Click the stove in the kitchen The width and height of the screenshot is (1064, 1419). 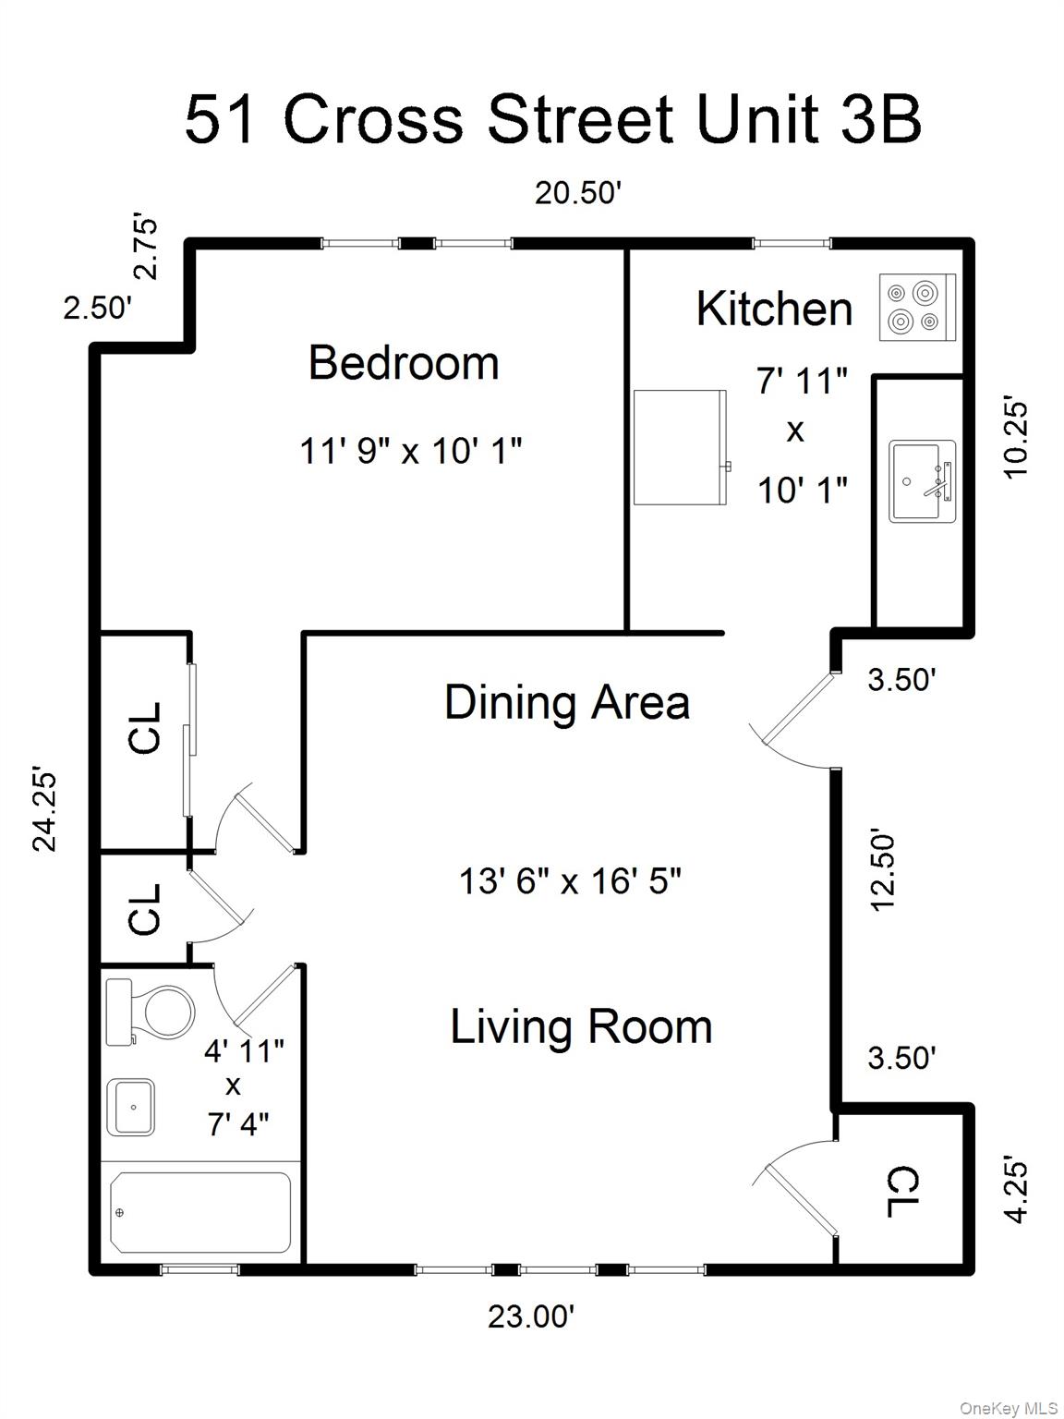(916, 308)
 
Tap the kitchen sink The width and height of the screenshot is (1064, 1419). (921, 481)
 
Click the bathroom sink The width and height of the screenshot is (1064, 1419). (131, 1106)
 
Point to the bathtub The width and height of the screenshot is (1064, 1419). (199, 1212)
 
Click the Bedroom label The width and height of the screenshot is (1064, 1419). (404, 363)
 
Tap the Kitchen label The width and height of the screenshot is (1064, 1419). (774, 309)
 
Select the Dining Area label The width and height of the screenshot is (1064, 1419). (566, 702)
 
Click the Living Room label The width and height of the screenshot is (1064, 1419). (581, 1027)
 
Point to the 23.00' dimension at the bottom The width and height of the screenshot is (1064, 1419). (531, 1316)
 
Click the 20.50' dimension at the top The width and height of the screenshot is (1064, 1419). (577, 193)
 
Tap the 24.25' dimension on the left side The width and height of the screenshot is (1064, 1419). (44, 807)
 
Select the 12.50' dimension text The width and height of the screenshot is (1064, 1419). (883, 870)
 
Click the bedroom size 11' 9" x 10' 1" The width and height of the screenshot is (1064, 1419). (411, 452)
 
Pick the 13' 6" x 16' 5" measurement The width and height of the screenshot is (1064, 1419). (570, 881)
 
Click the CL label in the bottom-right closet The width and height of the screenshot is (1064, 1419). (903, 1192)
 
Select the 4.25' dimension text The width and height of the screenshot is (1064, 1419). (1016, 1189)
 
